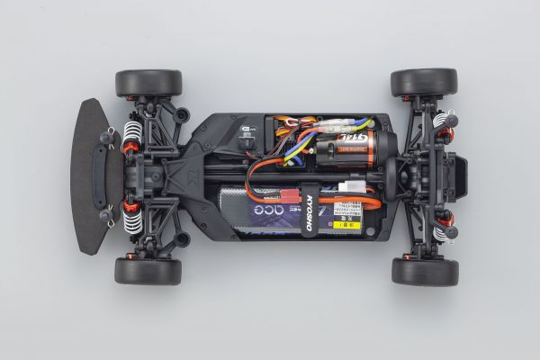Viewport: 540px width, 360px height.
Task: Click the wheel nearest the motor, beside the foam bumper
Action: (x=148, y=83)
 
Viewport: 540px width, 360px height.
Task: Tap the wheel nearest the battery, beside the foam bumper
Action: (x=148, y=271)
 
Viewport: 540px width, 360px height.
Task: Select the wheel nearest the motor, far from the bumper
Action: (x=423, y=83)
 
